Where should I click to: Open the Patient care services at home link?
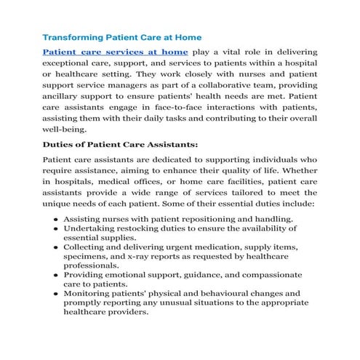pyautogui.click(x=115, y=52)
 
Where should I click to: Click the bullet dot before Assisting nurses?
pyautogui.click(x=56, y=218)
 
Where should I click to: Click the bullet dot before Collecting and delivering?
pyautogui.click(x=56, y=247)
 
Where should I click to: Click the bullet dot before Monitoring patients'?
pyautogui.click(x=56, y=295)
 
